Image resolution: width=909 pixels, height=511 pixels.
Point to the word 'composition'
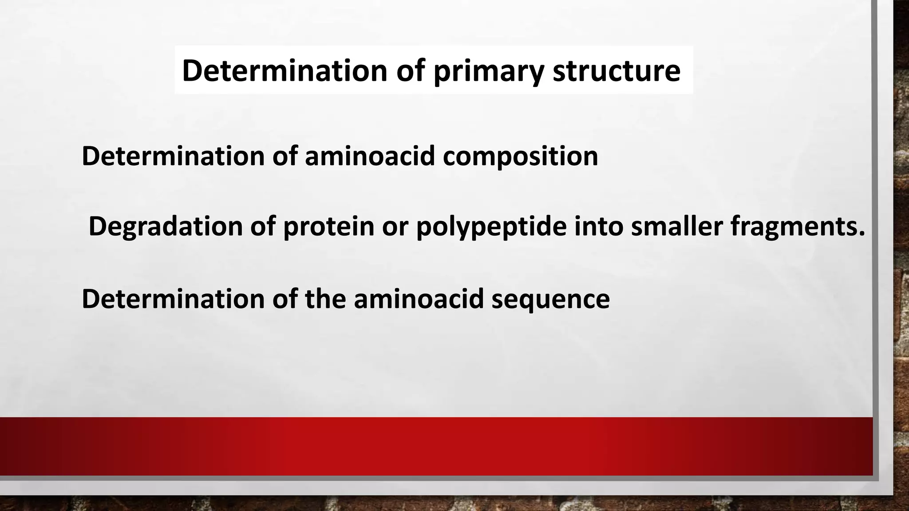520,157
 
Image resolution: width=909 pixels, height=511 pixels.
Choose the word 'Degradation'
165,227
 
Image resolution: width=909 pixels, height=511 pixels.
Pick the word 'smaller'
676,226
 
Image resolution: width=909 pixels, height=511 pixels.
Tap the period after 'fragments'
862,234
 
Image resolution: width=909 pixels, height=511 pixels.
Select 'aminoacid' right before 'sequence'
419,299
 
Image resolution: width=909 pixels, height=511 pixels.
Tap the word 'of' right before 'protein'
262,226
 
